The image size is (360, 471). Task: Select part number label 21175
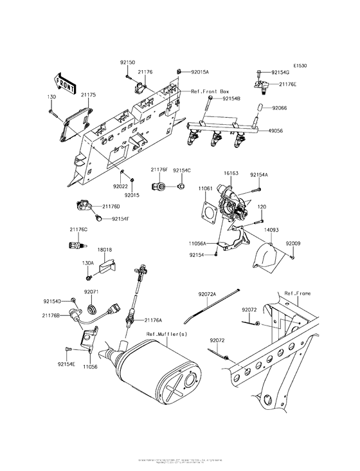point(88,95)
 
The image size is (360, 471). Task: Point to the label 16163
point(231,174)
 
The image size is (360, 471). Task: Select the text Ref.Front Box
point(210,92)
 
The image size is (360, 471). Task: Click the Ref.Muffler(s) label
point(166,334)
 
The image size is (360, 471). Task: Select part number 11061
point(205,189)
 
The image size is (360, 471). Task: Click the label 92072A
point(208,294)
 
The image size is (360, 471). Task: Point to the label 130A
point(87,263)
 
